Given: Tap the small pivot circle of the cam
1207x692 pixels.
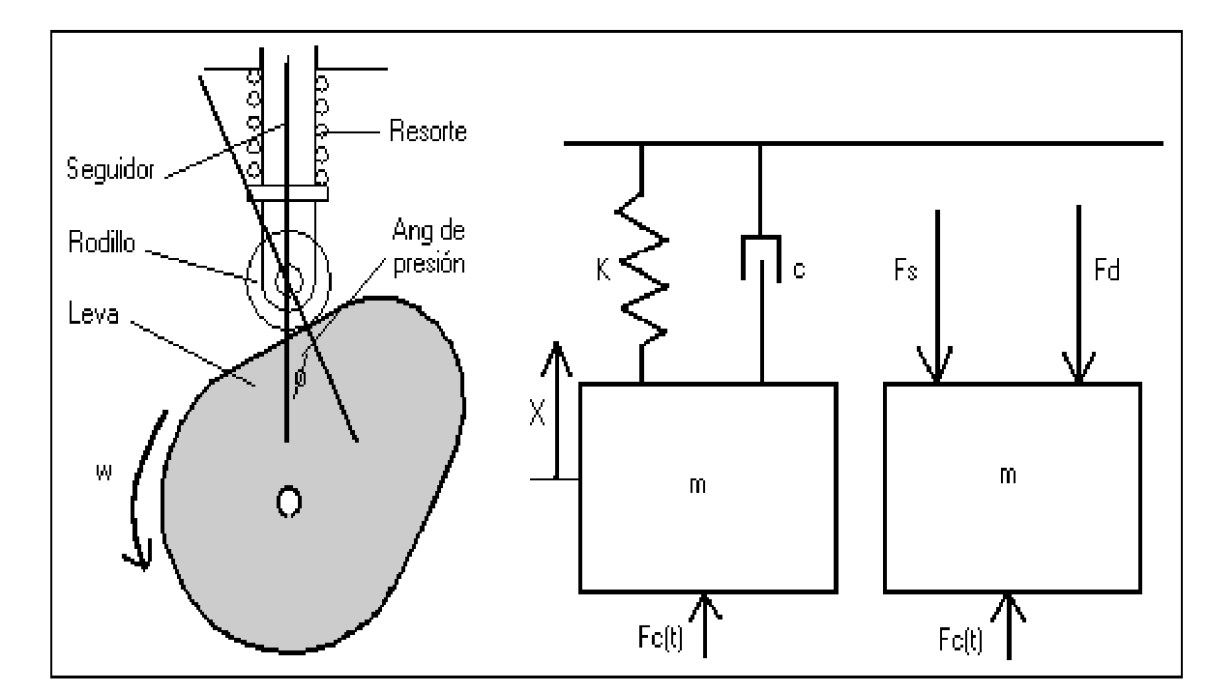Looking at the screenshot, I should pos(287,502).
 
